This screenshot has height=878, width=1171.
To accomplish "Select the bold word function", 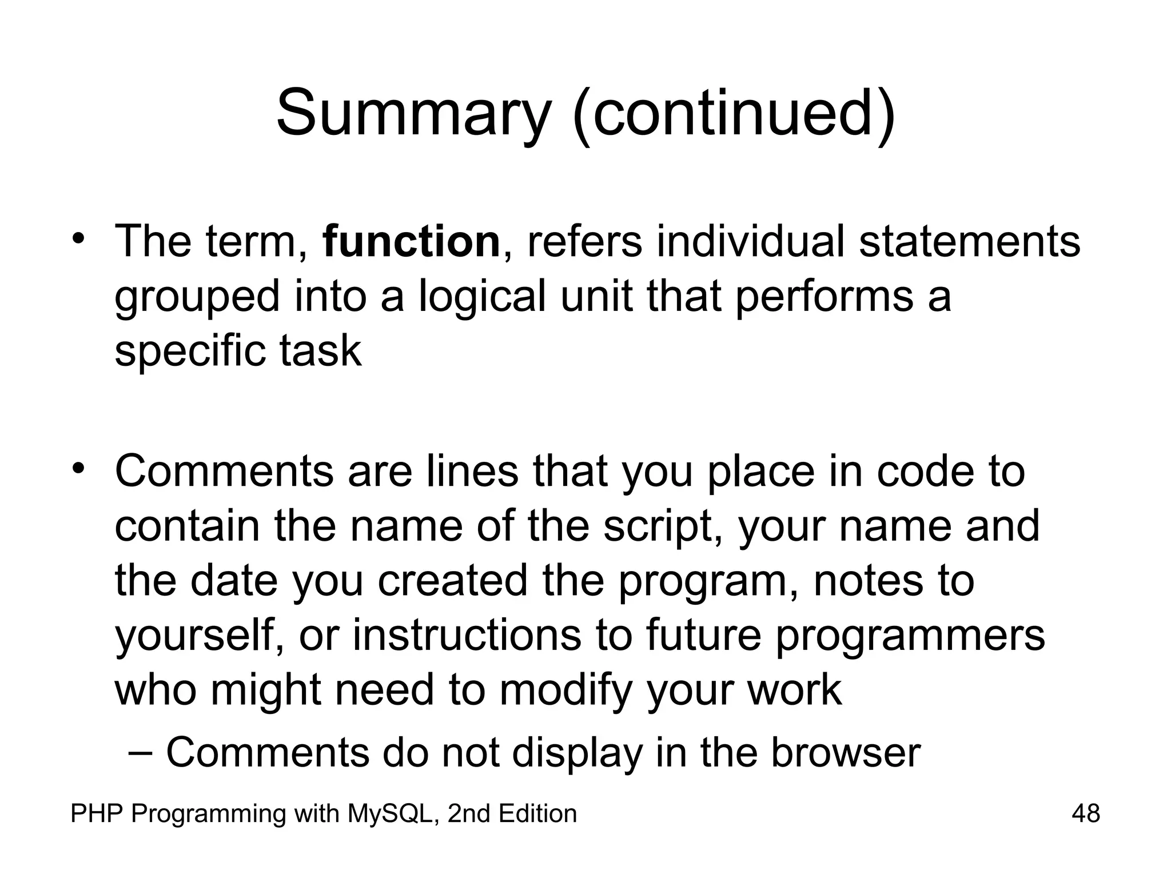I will pyautogui.click(x=412, y=242).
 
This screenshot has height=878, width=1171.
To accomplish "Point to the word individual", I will pyautogui.click(x=750, y=242).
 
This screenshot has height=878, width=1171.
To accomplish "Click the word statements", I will pyautogui.click(x=970, y=242).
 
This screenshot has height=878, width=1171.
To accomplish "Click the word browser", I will pyautogui.click(x=846, y=752).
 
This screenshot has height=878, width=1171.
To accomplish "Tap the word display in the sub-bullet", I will pyautogui.click(x=577, y=752).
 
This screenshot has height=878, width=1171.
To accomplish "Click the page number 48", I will pyautogui.click(x=1086, y=813).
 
